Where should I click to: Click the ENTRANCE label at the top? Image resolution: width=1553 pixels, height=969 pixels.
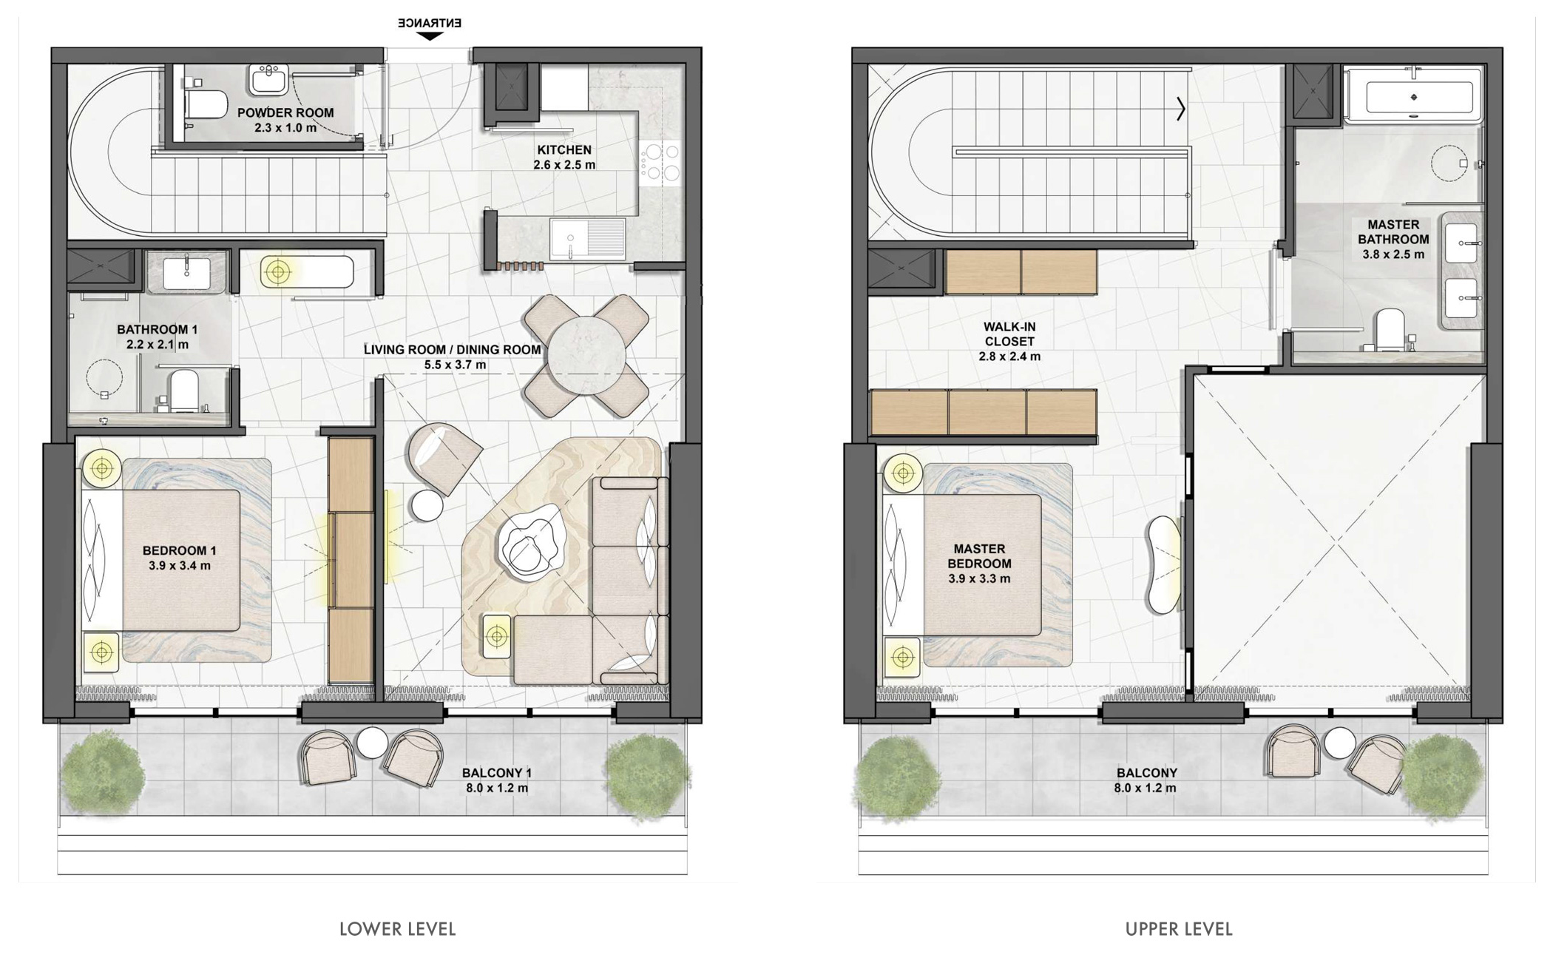point(430,23)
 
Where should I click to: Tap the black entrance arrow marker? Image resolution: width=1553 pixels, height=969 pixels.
point(430,36)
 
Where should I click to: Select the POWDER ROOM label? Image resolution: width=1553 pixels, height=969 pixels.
point(285,112)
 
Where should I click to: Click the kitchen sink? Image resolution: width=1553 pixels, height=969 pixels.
point(588,238)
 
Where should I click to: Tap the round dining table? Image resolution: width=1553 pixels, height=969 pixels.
point(586,356)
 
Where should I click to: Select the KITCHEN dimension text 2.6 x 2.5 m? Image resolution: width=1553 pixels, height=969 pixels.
point(564,165)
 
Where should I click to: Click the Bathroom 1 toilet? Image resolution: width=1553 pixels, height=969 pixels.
point(183,390)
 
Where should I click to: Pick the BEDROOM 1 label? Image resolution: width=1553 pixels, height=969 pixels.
point(180,550)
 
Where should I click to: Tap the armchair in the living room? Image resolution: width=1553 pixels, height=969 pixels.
point(441,456)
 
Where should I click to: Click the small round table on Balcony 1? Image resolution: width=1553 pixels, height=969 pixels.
point(372,743)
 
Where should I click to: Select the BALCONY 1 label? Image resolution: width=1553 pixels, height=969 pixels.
point(497,773)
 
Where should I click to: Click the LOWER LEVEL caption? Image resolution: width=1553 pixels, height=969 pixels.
point(398,929)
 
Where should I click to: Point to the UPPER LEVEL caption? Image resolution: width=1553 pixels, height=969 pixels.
point(1179,929)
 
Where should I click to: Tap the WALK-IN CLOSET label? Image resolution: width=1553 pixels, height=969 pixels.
point(1009,334)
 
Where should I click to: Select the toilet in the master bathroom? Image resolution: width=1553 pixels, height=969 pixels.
point(1390,329)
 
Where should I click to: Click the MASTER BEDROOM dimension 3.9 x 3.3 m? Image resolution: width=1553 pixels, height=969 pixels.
point(979,578)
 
